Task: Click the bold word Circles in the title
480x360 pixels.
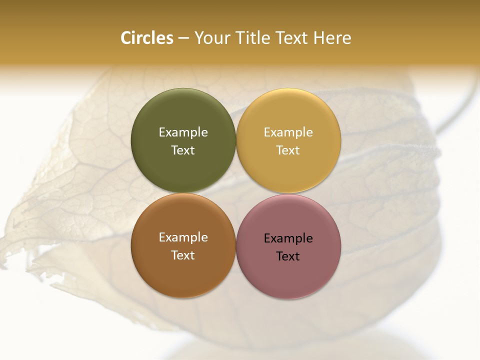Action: pyautogui.click(x=147, y=38)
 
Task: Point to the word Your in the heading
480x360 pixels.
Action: pyautogui.click(x=212, y=38)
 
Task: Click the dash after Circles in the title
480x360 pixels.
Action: pyautogui.click(x=184, y=38)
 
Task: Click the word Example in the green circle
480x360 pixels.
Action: pyautogui.click(x=183, y=132)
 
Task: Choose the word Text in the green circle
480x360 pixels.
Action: pyautogui.click(x=183, y=150)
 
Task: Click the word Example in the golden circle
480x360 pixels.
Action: pyautogui.click(x=288, y=132)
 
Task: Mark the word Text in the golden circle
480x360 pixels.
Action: pyautogui.click(x=288, y=150)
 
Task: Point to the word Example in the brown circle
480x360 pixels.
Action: pyautogui.click(x=183, y=237)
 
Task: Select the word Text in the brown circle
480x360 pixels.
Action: pyautogui.click(x=183, y=255)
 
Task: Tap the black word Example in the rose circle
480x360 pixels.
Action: pyautogui.click(x=288, y=238)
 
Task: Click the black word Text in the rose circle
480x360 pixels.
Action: pyautogui.click(x=288, y=256)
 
